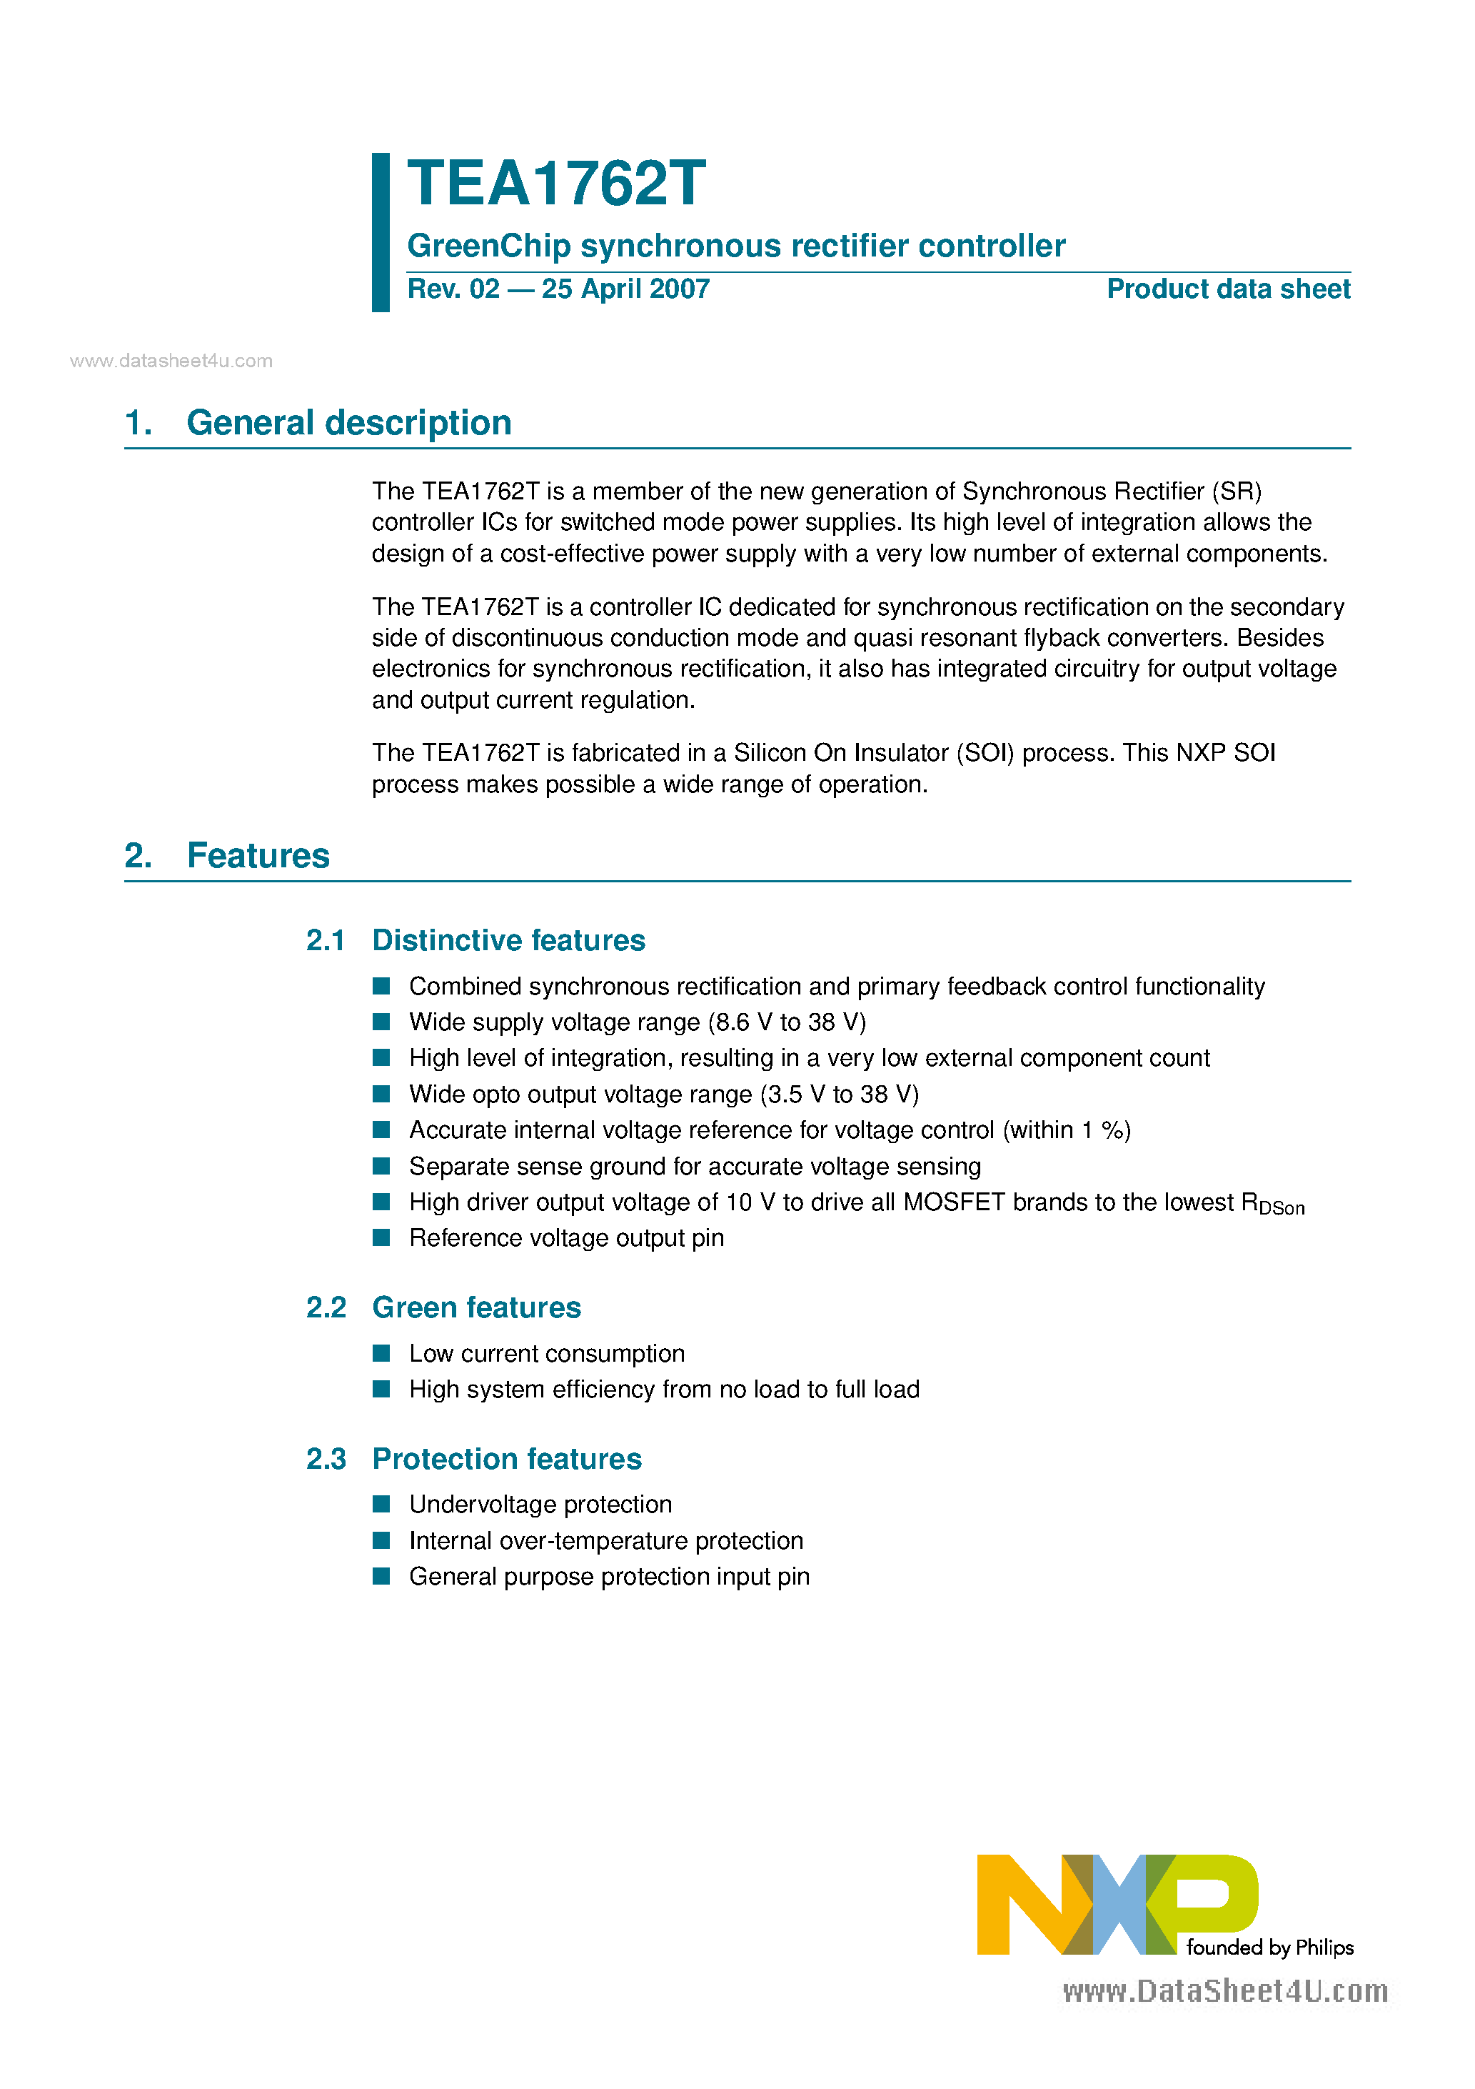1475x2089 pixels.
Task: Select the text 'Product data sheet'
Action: tap(1228, 289)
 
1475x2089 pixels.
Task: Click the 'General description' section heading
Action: tap(348, 423)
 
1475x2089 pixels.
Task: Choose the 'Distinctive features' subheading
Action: tap(508, 940)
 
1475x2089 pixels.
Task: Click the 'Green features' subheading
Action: tap(476, 1307)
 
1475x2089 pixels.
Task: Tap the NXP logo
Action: tap(1117, 1904)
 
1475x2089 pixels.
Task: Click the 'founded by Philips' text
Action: tap(1269, 1948)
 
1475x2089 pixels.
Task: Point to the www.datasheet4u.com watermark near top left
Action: tap(171, 362)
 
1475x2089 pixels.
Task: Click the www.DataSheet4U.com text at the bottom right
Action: tap(1225, 1992)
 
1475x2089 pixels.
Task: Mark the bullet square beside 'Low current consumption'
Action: tap(382, 1354)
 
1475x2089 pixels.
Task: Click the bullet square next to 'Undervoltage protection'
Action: tap(382, 1504)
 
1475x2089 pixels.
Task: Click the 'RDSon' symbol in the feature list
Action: tap(1272, 1204)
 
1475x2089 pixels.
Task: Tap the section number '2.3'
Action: tap(326, 1458)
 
